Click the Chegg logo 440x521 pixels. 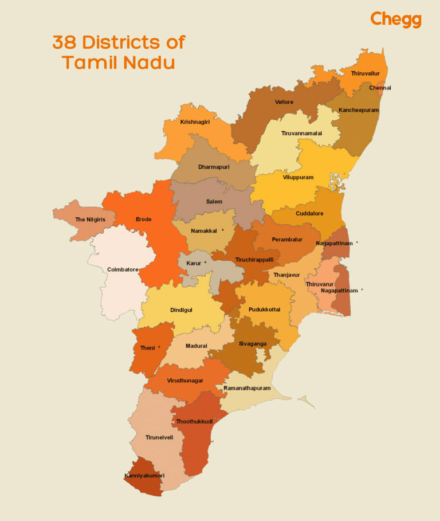395,19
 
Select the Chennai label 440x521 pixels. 380,88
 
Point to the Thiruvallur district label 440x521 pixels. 365,73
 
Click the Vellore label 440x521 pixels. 284,102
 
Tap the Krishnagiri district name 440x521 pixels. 195,122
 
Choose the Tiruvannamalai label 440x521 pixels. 301,133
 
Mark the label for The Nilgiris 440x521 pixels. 87,220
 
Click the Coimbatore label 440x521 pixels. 123,269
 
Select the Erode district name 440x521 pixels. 143,220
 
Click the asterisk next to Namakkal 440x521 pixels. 222,230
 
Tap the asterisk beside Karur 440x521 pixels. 205,263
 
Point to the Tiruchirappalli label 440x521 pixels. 254,260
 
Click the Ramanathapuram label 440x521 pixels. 247,388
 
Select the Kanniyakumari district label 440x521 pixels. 144,476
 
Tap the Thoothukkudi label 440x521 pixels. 194,421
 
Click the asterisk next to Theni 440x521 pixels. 159,347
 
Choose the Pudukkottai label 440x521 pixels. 264,310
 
